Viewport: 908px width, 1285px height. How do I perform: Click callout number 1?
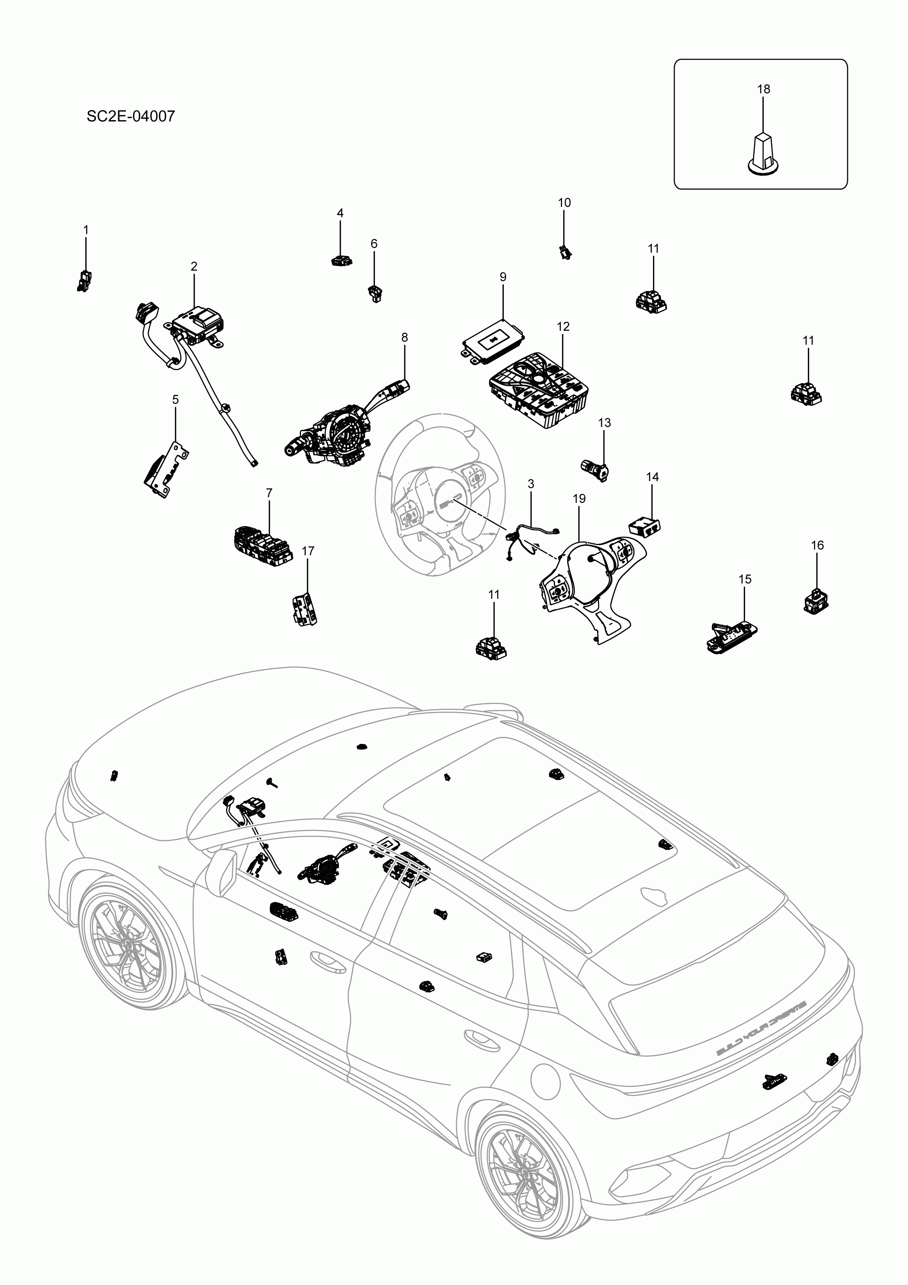coord(86,230)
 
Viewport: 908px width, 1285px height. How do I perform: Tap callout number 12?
coord(563,326)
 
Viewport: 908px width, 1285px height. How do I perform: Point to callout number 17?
coord(308,551)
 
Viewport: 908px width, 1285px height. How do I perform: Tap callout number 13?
coord(604,422)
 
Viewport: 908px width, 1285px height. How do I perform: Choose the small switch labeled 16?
coord(816,600)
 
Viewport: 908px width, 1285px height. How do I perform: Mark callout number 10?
coord(564,202)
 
